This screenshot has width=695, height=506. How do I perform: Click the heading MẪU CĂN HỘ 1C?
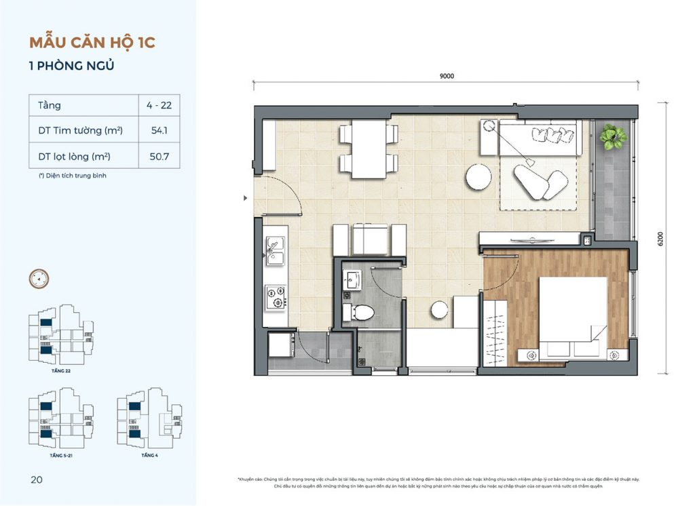point(92,42)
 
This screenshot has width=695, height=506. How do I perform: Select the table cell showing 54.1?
point(159,131)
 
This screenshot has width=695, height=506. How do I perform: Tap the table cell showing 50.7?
point(159,157)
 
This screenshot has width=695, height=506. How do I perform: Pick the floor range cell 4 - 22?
point(159,106)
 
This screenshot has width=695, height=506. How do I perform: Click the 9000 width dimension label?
point(446,77)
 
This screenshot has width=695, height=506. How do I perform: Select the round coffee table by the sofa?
point(478,177)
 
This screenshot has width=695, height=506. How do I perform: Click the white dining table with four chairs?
point(369,149)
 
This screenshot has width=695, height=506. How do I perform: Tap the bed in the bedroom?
point(572,315)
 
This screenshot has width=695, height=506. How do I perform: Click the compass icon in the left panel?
point(39,278)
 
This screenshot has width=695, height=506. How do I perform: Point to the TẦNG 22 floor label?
point(61,372)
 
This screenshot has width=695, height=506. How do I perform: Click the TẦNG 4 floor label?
point(149,455)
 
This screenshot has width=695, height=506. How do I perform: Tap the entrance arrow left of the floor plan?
point(246,199)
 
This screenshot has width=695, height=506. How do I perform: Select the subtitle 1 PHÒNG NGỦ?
point(71,66)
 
